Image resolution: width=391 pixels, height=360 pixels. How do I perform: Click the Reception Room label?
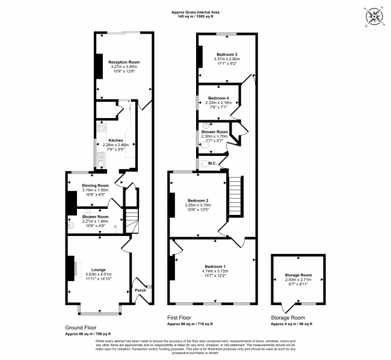(124, 62)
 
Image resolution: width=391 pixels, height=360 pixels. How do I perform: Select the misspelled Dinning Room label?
(95, 185)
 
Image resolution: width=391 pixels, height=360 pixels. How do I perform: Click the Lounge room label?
(98, 269)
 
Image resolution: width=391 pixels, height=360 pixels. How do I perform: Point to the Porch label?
(140, 290)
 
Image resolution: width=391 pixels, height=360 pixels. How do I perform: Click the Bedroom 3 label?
(227, 55)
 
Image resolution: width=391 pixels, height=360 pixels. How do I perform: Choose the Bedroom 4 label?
(218, 98)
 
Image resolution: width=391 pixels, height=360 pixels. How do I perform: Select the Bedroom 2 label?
(198, 200)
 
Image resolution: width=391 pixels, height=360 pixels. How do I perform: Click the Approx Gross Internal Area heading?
(195, 11)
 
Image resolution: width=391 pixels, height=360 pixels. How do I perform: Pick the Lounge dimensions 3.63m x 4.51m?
(98, 275)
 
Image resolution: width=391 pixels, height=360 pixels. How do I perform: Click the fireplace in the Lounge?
(72, 268)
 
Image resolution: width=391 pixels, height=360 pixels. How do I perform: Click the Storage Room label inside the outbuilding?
(299, 275)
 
